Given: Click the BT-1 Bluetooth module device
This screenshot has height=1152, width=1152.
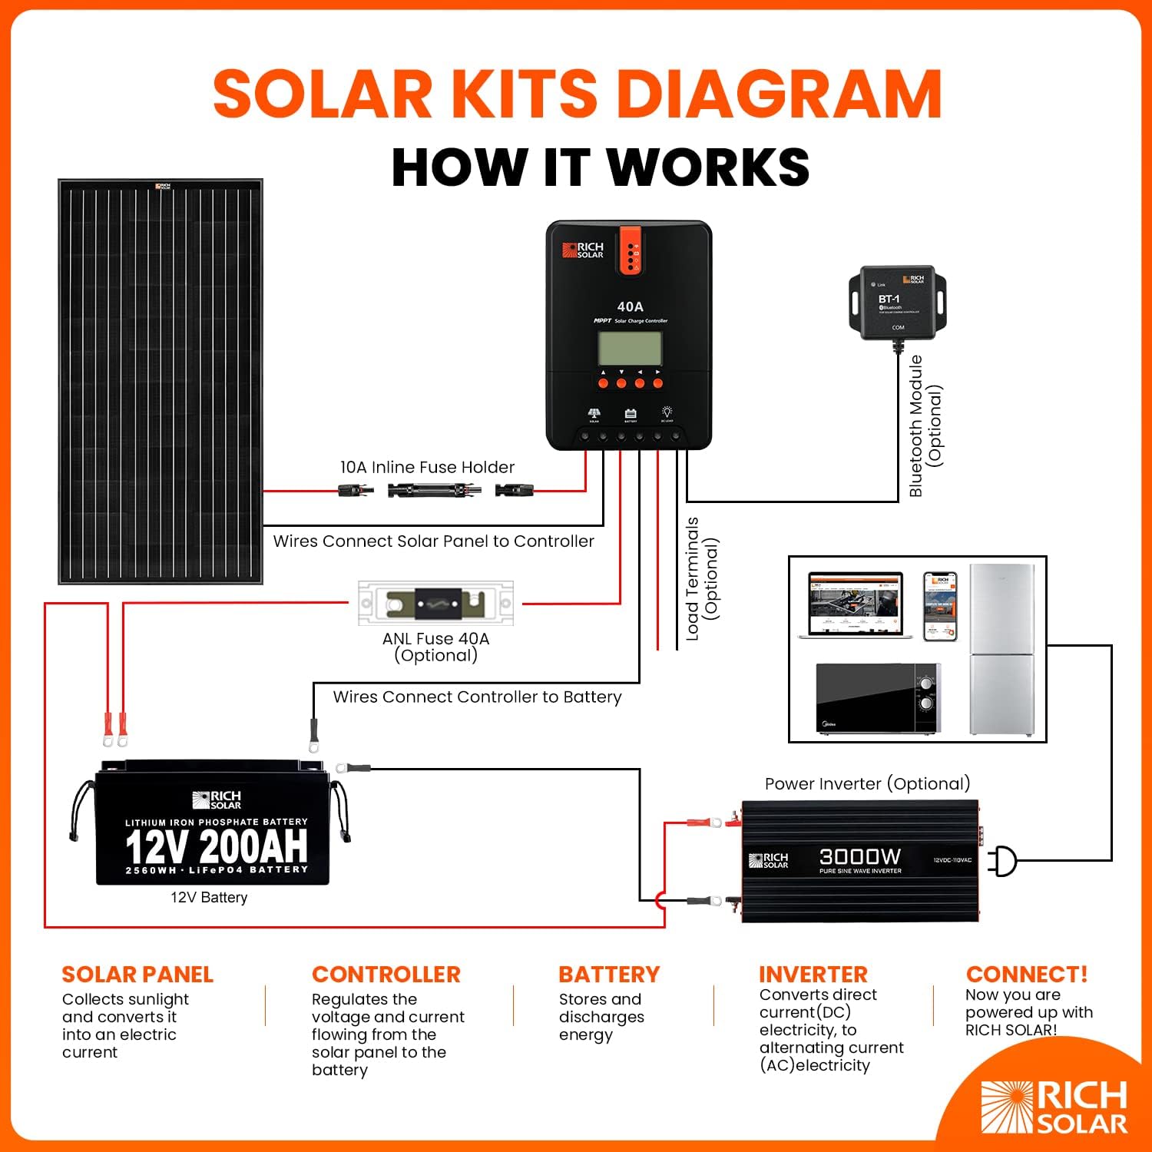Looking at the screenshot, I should tap(897, 303).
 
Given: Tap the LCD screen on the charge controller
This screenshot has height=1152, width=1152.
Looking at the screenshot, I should tap(630, 349).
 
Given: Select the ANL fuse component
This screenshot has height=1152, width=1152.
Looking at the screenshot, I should tap(435, 604).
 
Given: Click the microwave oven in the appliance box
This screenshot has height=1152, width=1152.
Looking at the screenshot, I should tap(878, 699).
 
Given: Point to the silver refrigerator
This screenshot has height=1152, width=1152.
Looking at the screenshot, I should tap(1001, 650).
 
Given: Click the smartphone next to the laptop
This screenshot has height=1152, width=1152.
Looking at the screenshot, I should tap(940, 606).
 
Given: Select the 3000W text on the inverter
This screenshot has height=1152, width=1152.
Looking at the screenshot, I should tap(859, 856).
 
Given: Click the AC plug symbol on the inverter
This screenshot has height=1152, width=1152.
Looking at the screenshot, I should tap(1002, 861).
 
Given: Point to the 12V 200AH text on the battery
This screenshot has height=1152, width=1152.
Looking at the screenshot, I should tap(216, 846).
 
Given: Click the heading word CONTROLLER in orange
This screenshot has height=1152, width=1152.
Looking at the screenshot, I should tap(386, 974).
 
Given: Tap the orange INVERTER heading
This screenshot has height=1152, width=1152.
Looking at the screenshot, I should tap(813, 974).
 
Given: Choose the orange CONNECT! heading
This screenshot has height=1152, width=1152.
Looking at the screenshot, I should tap(1026, 974).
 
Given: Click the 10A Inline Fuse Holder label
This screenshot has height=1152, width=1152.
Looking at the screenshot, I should tap(427, 467).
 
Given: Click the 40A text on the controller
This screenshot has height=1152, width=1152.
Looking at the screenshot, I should tap(630, 306).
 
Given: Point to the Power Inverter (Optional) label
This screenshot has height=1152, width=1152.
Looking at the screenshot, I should tap(867, 783).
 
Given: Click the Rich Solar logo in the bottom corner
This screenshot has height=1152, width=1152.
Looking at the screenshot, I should tap(1054, 1107).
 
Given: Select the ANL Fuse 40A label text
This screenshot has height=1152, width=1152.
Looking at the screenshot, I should tap(435, 639).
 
